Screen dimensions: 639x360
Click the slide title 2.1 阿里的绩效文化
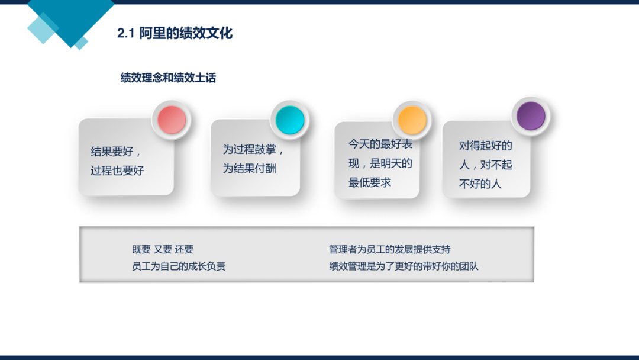pos(175,33)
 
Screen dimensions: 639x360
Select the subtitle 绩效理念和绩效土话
pos(168,78)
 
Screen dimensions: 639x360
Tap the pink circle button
pos(172,120)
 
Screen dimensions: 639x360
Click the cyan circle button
pos(290,120)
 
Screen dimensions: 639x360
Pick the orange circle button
pos(412,120)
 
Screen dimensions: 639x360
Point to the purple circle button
pos(531,116)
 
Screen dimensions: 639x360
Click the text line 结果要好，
pos(116,152)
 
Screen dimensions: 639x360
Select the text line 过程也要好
pos(117,171)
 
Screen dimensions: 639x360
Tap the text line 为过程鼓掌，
pos(253,149)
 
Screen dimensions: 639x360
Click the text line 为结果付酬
pos(249,168)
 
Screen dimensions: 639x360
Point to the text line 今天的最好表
pos(380,144)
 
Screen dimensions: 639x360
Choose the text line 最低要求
pos(370,182)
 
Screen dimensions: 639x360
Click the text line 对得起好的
pos(485,146)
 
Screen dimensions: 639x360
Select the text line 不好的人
pos(480,184)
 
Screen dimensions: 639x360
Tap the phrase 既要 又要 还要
pos(163,249)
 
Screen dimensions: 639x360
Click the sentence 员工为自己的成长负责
pos(179,266)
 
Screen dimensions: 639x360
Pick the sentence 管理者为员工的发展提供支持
pos(389,249)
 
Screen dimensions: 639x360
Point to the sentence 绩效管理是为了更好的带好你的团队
pos(404,266)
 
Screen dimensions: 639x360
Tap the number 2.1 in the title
pos(125,33)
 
